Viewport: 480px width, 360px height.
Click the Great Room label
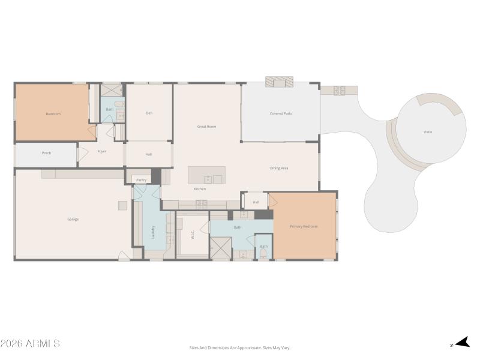pyautogui.click(x=206, y=127)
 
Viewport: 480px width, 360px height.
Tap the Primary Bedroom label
pyautogui.click(x=304, y=226)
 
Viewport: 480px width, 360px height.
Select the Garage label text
pyautogui.click(x=73, y=219)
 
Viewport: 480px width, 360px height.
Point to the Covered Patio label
pyautogui.click(x=281, y=113)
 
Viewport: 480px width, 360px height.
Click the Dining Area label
pyautogui.click(x=279, y=168)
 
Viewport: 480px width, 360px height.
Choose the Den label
pyautogui.click(x=149, y=113)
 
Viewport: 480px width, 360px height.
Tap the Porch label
pyautogui.click(x=46, y=153)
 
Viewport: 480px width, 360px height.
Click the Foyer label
pyautogui.click(x=102, y=151)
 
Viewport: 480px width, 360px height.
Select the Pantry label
pyautogui.click(x=141, y=179)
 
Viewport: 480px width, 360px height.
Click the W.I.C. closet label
pyautogui.click(x=193, y=235)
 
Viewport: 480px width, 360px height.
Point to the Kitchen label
pyautogui.click(x=200, y=189)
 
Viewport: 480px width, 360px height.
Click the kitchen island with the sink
pyautogui.click(x=206, y=175)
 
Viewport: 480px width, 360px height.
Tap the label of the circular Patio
pyautogui.click(x=428, y=132)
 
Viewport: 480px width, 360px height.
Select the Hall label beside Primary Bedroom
pyautogui.click(x=256, y=202)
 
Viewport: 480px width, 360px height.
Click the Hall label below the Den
pyautogui.click(x=148, y=155)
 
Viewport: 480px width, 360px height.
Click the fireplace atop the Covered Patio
pyautogui.click(x=280, y=82)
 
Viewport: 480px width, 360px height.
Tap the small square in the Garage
pyautogui.click(x=122, y=205)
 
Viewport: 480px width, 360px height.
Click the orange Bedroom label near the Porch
pyautogui.click(x=53, y=114)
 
